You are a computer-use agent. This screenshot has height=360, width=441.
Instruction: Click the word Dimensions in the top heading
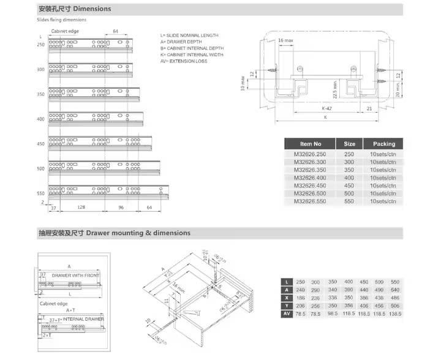(92, 9)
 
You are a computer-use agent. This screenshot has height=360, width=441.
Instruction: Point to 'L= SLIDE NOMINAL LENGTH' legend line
(190, 36)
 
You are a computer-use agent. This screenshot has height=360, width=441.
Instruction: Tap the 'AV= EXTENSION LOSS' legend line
(184, 61)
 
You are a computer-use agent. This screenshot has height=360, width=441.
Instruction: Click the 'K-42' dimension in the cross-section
(328, 108)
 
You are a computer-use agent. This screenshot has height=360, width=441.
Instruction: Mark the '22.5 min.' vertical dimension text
(334, 88)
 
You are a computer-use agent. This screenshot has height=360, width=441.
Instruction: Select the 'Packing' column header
(384, 144)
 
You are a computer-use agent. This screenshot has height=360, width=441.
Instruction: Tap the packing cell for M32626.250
(384, 154)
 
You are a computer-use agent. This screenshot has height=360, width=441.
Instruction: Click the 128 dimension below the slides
(81, 208)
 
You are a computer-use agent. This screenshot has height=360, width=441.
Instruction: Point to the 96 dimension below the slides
(121, 208)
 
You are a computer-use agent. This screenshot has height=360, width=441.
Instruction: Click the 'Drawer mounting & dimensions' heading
(138, 233)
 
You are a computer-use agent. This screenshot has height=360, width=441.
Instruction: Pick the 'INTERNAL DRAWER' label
(83, 320)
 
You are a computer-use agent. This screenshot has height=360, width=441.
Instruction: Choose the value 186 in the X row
(300, 298)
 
